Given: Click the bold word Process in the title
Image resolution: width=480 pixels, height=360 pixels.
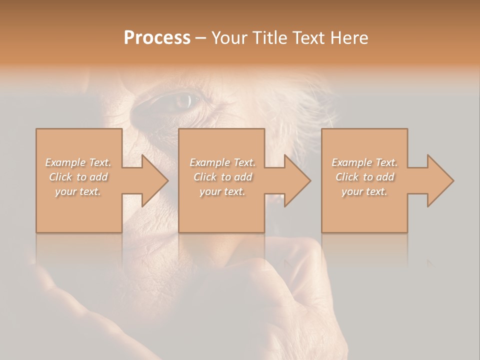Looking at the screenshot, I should [x=157, y=38].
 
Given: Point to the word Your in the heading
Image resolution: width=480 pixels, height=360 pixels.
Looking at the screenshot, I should [x=230, y=38].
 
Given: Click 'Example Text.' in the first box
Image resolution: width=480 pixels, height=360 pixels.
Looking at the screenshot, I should [x=78, y=162].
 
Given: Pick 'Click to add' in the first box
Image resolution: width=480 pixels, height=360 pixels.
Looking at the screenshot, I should [x=78, y=177].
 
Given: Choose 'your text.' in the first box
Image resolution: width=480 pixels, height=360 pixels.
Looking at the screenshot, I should [x=78, y=191].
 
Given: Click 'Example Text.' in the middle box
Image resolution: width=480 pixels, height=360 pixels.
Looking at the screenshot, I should [x=222, y=162].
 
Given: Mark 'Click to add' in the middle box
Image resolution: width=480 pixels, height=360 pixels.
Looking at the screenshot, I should [x=222, y=177].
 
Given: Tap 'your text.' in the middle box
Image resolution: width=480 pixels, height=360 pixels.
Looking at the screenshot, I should [x=222, y=191].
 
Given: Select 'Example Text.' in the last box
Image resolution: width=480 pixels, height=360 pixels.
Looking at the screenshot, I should [x=364, y=162].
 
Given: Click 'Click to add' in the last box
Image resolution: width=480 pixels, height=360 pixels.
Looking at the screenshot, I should [x=364, y=177].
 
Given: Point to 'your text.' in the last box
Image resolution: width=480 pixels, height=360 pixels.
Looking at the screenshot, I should [x=364, y=191].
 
